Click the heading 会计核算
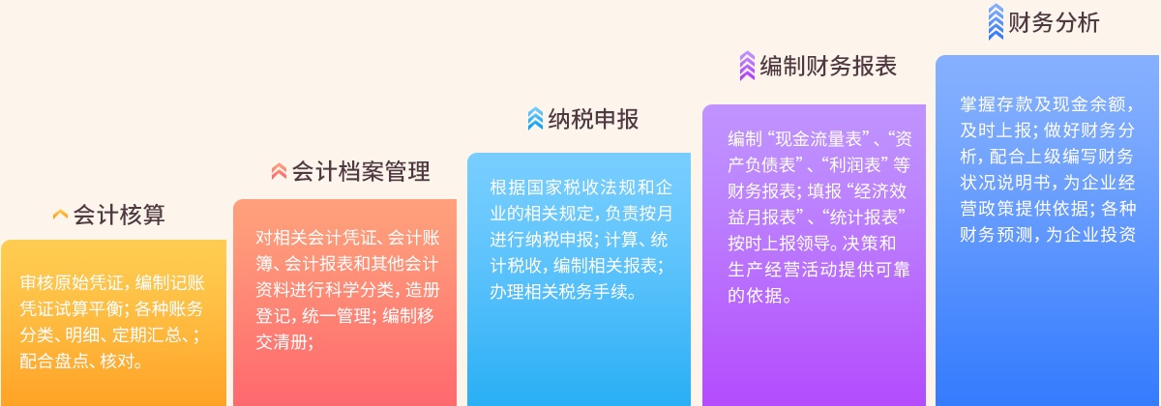coord(119,215)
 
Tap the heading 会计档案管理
coord(361,171)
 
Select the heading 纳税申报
coord(593,119)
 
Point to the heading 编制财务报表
coord(828,67)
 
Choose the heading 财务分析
coord(1054,23)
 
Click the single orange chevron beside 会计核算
coord(60,215)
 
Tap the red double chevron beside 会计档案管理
coord(279,171)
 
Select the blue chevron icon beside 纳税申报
coord(535,119)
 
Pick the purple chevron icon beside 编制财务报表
coord(747,66)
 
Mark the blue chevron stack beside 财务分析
coord(996,21)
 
